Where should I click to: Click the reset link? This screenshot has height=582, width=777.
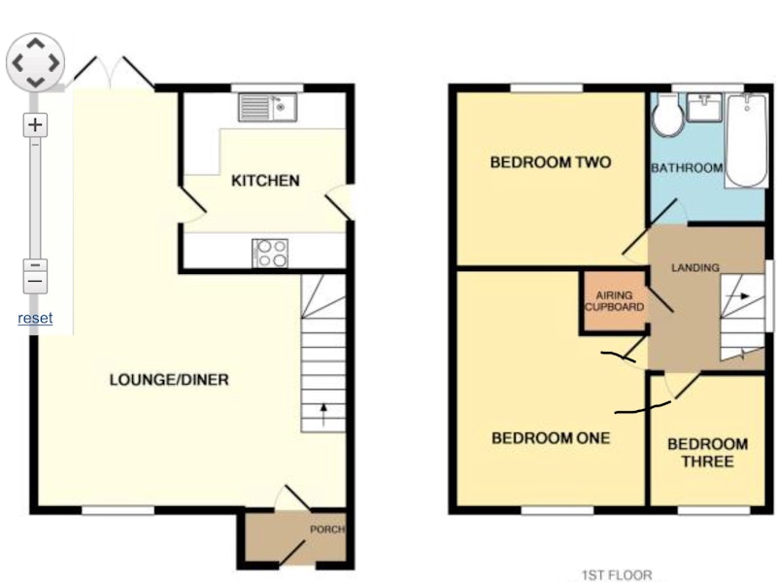point(35,318)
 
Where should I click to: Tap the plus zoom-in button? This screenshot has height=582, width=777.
point(35,124)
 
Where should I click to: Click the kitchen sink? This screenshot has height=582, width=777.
point(268,107)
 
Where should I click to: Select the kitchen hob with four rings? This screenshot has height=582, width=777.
point(270,254)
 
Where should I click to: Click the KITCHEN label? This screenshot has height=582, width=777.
point(265,181)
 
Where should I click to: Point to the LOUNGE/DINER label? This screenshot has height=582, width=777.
point(169,380)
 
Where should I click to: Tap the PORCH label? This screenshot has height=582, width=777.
point(327,530)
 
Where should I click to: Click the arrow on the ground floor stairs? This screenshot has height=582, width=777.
point(323,415)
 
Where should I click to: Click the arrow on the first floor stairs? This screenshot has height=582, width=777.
point(739,296)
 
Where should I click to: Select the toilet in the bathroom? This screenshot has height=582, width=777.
point(668,115)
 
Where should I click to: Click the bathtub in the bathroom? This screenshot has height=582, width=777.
point(746,141)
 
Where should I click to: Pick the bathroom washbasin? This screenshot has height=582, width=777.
point(704,108)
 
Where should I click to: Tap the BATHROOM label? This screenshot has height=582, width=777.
point(687,168)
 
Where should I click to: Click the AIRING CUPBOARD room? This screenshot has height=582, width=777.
point(615,301)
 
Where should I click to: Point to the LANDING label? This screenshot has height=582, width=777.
point(695,268)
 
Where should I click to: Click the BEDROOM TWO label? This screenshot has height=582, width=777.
point(551,162)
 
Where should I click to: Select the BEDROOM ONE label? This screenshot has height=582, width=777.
point(551,438)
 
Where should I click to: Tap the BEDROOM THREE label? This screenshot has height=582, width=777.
point(708,453)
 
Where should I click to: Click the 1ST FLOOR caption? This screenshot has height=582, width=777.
point(617,575)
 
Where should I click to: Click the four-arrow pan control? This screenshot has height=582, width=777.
point(35,62)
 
